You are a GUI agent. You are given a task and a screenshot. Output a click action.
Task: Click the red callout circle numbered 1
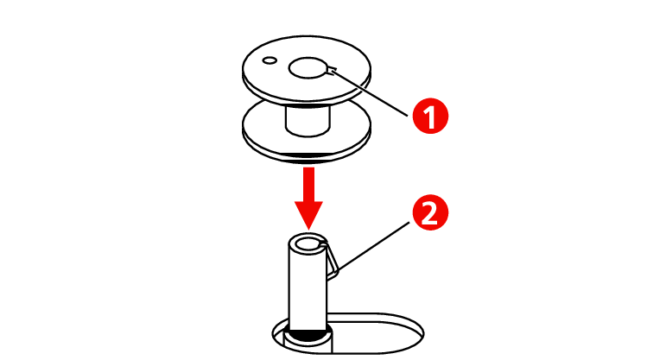pyautogui.click(x=430, y=116)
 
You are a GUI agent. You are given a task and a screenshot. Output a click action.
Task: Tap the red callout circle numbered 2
pyautogui.click(x=430, y=212)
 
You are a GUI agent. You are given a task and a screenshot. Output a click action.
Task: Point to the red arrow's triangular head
pyautogui.click(x=308, y=215)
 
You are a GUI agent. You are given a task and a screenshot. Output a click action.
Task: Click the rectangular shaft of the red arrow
pyautogui.click(x=308, y=184)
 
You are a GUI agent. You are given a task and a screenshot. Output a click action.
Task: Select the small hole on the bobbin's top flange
pyautogui.click(x=270, y=60)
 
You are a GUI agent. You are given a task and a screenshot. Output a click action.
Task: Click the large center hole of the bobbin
pyautogui.click(x=308, y=68)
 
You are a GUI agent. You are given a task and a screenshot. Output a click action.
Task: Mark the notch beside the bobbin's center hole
pyautogui.click(x=333, y=70)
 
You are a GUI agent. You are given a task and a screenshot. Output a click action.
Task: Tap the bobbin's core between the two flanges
pyautogui.click(x=308, y=120)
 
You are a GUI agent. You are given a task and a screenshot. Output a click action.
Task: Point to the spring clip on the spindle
pyautogui.click(x=333, y=260)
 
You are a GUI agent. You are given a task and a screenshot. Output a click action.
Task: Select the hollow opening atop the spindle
pyautogui.click(x=308, y=244)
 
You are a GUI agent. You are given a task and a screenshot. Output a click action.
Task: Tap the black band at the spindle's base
pyautogui.click(x=308, y=334)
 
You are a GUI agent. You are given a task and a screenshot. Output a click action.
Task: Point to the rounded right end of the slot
pyautogui.click(x=418, y=334)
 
